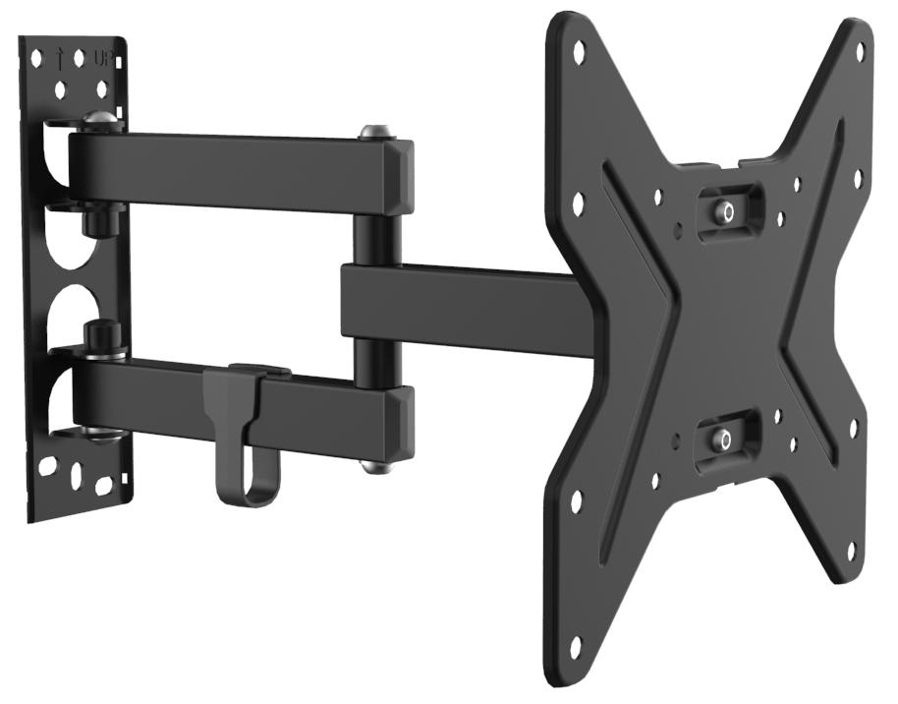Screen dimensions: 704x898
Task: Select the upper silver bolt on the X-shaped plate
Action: (x=725, y=209)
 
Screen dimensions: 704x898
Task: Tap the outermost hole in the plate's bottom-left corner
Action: (x=576, y=643)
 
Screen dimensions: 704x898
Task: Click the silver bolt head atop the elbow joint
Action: (x=372, y=131)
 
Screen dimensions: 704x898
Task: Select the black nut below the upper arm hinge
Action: (x=99, y=220)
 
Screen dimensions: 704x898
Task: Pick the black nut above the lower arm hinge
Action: (x=99, y=339)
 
